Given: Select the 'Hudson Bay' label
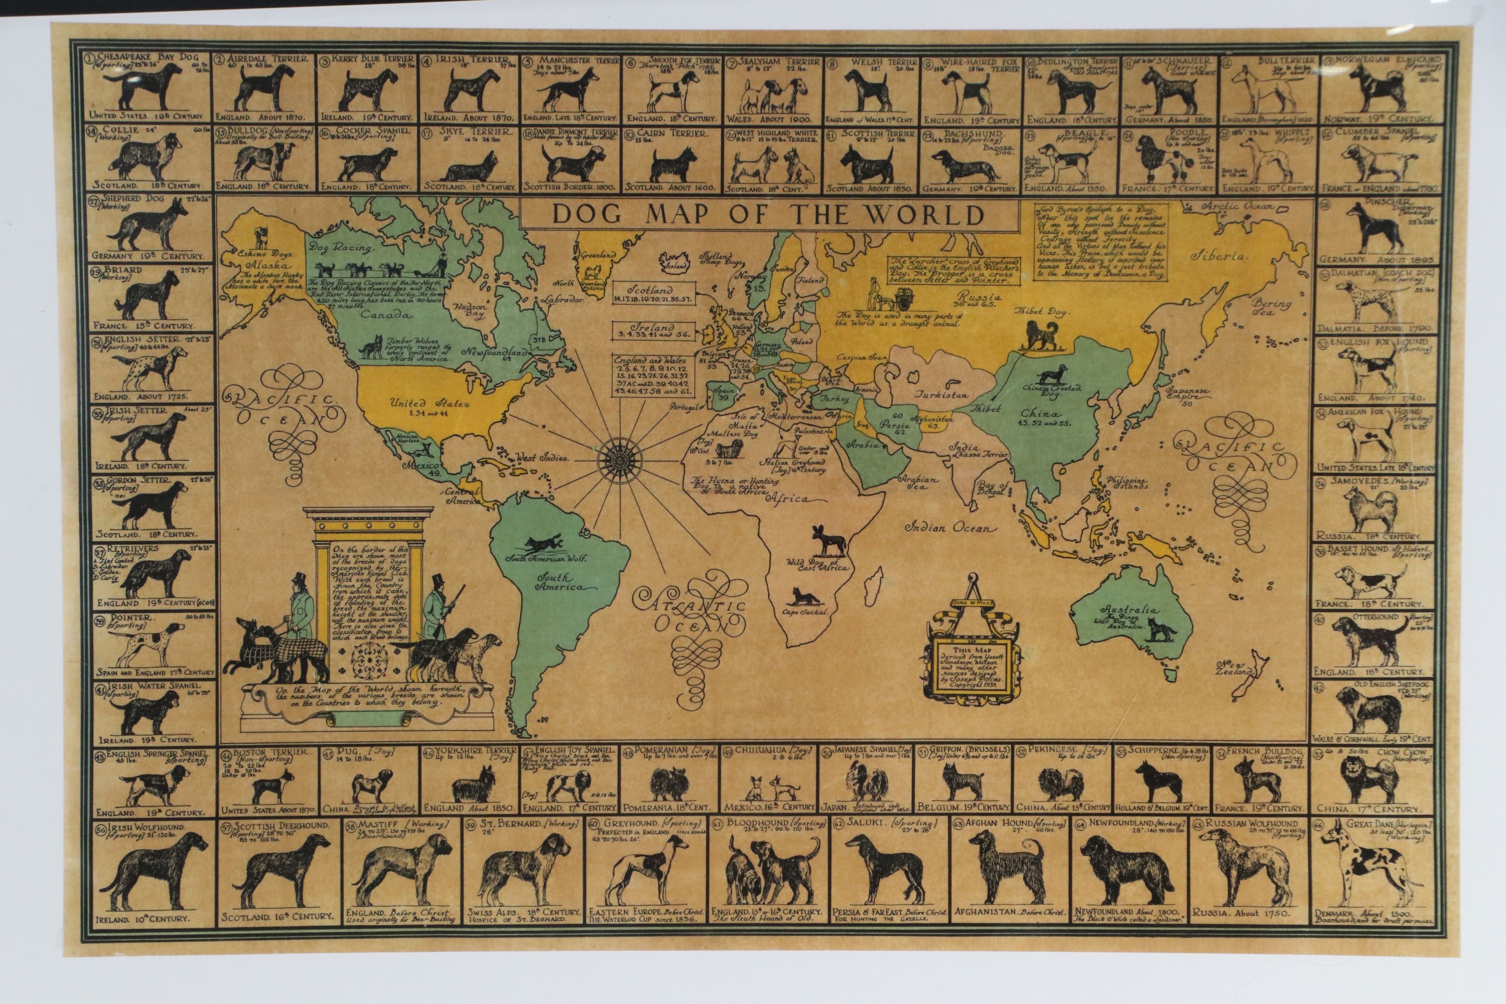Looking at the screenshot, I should pyautogui.click(x=471, y=311).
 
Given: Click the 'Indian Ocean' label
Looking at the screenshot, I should pyautogui.click(x=951, y=528).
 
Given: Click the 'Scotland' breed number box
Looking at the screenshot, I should pyautogui.click(x=654, y=294).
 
